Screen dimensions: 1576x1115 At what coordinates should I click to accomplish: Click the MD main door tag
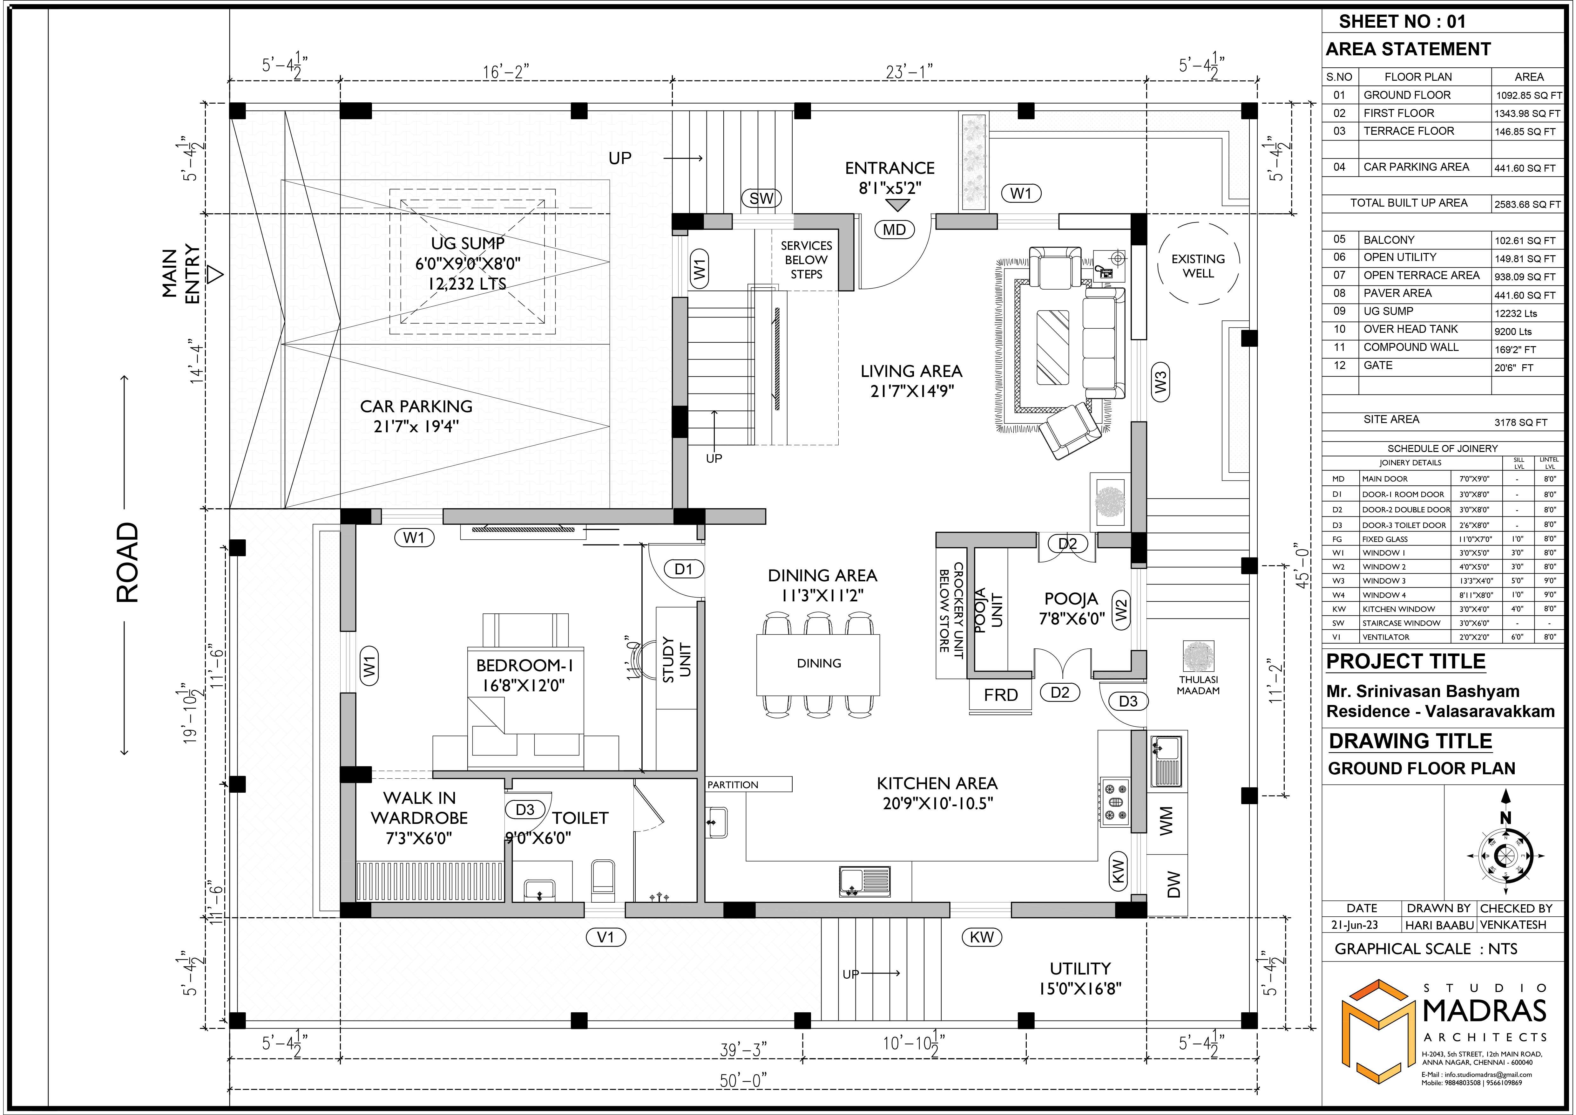[894, 230]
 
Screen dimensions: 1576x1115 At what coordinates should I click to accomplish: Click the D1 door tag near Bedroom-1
[684, 569]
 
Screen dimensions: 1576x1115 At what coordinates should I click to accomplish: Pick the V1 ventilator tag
[605, 937]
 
